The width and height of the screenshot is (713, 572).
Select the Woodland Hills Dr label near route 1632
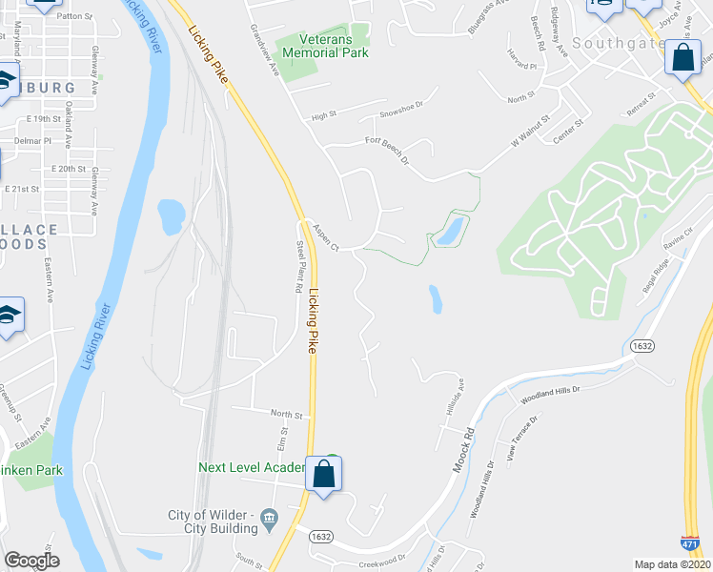[551, 395]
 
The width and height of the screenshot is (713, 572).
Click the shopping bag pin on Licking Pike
[324, 473]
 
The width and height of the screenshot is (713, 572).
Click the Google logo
[31, 561]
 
